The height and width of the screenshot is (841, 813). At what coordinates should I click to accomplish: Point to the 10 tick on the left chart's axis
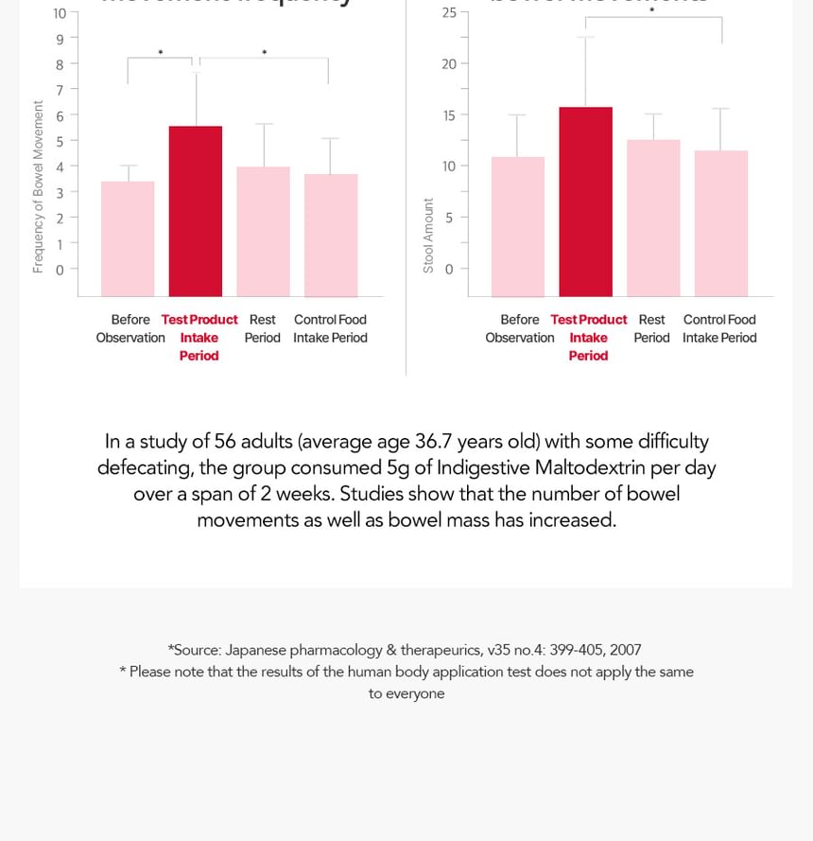60,13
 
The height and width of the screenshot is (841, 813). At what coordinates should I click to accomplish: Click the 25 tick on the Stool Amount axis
449,12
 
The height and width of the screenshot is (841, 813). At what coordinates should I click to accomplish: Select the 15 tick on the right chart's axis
449,115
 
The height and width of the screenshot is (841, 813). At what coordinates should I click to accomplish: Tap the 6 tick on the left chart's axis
60,115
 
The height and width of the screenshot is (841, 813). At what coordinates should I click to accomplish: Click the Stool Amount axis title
428,236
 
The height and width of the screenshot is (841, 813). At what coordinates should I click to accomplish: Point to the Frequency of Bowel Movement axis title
38,186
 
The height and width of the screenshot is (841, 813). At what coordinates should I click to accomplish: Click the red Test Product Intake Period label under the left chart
199,338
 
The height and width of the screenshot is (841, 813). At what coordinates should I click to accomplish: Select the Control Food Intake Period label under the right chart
719,328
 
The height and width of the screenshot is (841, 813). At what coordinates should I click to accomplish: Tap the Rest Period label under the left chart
263,328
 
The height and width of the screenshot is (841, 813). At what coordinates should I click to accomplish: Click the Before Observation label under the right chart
520,328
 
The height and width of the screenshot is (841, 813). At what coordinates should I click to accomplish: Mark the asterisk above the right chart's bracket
651,11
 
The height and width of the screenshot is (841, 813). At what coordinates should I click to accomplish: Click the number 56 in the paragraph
225,442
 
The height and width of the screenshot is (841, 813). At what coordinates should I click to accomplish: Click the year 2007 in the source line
626,650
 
